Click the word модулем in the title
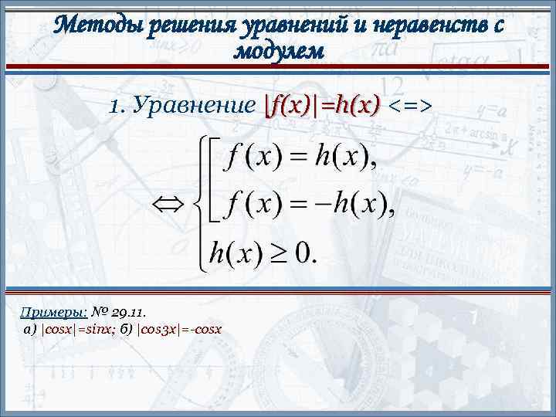click(278, 51)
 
